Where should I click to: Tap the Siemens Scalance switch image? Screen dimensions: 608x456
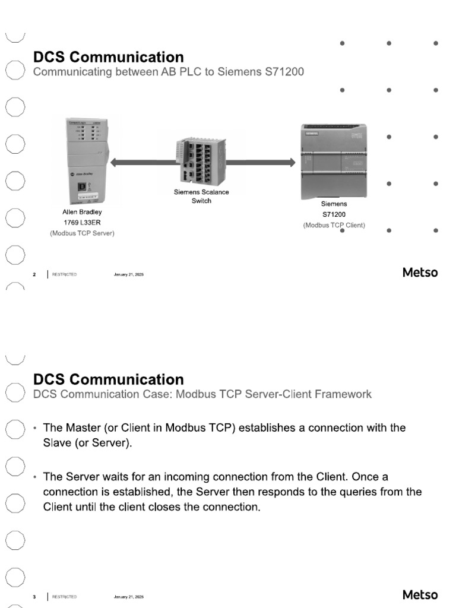click(x=201, y=160)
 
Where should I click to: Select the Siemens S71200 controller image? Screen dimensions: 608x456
click(x=334, y=161)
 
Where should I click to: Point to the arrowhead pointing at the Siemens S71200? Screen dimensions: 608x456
click(x=290, y=162)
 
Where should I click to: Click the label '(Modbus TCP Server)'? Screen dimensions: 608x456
click(x=82, y=233)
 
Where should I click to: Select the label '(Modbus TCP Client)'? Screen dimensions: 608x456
click(x=334, y=225)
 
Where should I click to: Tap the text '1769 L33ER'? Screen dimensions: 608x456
click(x=82, y=223)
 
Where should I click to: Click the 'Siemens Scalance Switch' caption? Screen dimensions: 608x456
click(x=201, y=197)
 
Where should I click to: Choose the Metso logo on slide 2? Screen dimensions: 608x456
click(x=420, y=273)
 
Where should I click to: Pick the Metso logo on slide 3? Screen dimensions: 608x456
click(x=420, y=594)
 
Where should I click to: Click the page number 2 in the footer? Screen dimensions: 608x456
click(x=34, y=274)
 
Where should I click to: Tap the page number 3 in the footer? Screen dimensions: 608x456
click(x=34, y=596)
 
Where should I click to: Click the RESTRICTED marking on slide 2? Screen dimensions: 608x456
click(x=64, y=274)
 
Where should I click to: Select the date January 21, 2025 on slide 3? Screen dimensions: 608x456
click(x=129, y=596)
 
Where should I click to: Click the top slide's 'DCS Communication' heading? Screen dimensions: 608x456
click(x=108, y=58)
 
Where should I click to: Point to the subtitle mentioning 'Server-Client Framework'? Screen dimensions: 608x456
click(x=202, y=394)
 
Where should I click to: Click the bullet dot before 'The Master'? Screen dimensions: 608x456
click(x=35, y=428)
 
